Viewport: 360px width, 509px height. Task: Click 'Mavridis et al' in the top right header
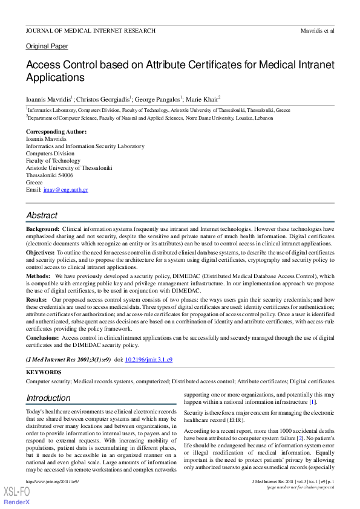click(317, 30)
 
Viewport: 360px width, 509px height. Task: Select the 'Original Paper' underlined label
click(47, 47)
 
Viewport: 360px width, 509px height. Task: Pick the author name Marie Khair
click(204, 98)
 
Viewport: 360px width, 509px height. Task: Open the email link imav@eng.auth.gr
click(66, 190)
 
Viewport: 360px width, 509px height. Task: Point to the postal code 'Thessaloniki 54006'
click(50, 175)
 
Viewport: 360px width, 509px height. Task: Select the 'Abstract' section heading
click(42, 215)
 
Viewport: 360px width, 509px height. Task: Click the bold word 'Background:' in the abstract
click(42, 230)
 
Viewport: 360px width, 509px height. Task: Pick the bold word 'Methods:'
click(38, 276)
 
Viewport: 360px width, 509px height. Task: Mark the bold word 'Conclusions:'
click(42, 338)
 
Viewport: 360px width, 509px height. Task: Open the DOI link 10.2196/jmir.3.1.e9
click(149, 360)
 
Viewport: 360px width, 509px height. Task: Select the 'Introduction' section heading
click(48, 398)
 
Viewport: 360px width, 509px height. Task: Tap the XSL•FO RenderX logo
click(16, 494)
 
